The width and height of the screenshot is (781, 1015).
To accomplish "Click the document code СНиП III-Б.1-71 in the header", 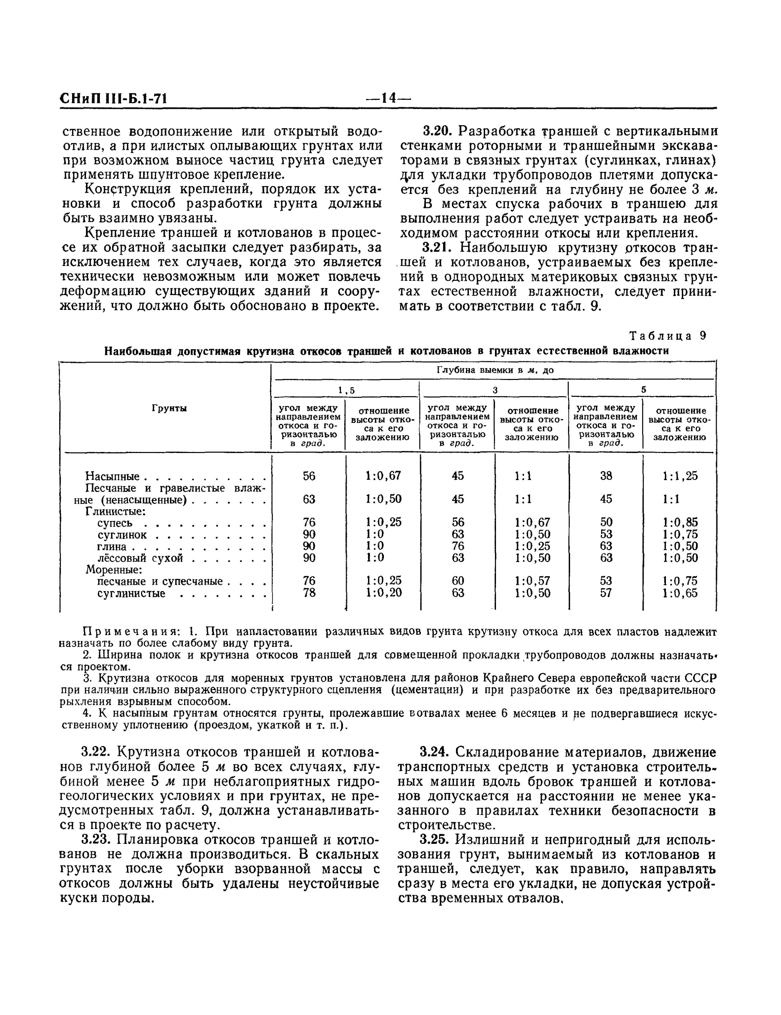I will pos(114,98).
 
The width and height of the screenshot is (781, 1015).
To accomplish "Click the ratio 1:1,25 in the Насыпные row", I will pos(680,476).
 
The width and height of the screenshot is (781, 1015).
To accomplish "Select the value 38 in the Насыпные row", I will pos(606,476).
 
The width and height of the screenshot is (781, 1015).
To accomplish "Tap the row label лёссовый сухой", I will pos(140,558).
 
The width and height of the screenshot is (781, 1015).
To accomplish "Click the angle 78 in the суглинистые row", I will pos(309,593).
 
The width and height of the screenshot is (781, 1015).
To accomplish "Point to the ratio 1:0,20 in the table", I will pos(383,593).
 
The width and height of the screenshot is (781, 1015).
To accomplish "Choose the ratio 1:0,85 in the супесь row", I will pos(680,522).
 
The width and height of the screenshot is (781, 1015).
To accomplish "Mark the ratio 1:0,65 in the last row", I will pos(680,593).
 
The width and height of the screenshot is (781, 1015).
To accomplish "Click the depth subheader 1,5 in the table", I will pos(346,390).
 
